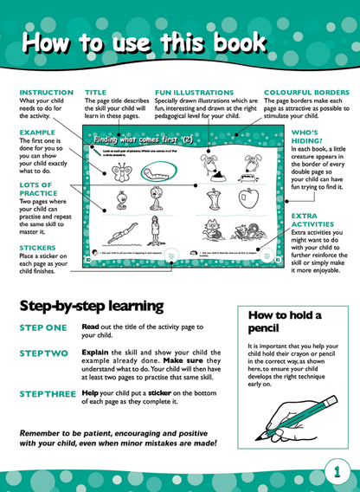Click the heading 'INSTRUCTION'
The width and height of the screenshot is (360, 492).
click(x=46, y=91)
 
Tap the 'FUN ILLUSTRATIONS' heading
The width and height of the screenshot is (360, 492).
click(x=190, y=91)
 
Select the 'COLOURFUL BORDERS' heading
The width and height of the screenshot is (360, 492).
click(x=305, y=91)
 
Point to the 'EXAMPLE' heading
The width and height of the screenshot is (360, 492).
click(x=36, y=133)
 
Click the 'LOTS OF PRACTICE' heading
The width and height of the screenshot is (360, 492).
click(x=36, y=191)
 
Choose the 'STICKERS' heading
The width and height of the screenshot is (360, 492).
click(x=39, y=246)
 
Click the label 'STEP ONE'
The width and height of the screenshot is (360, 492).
click(x=42, y=327)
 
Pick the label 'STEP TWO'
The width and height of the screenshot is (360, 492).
click(x=42, y=353)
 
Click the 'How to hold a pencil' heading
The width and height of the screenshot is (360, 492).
click(x=284, y=322)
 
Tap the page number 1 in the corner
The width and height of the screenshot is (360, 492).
click(x=337, y=472)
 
